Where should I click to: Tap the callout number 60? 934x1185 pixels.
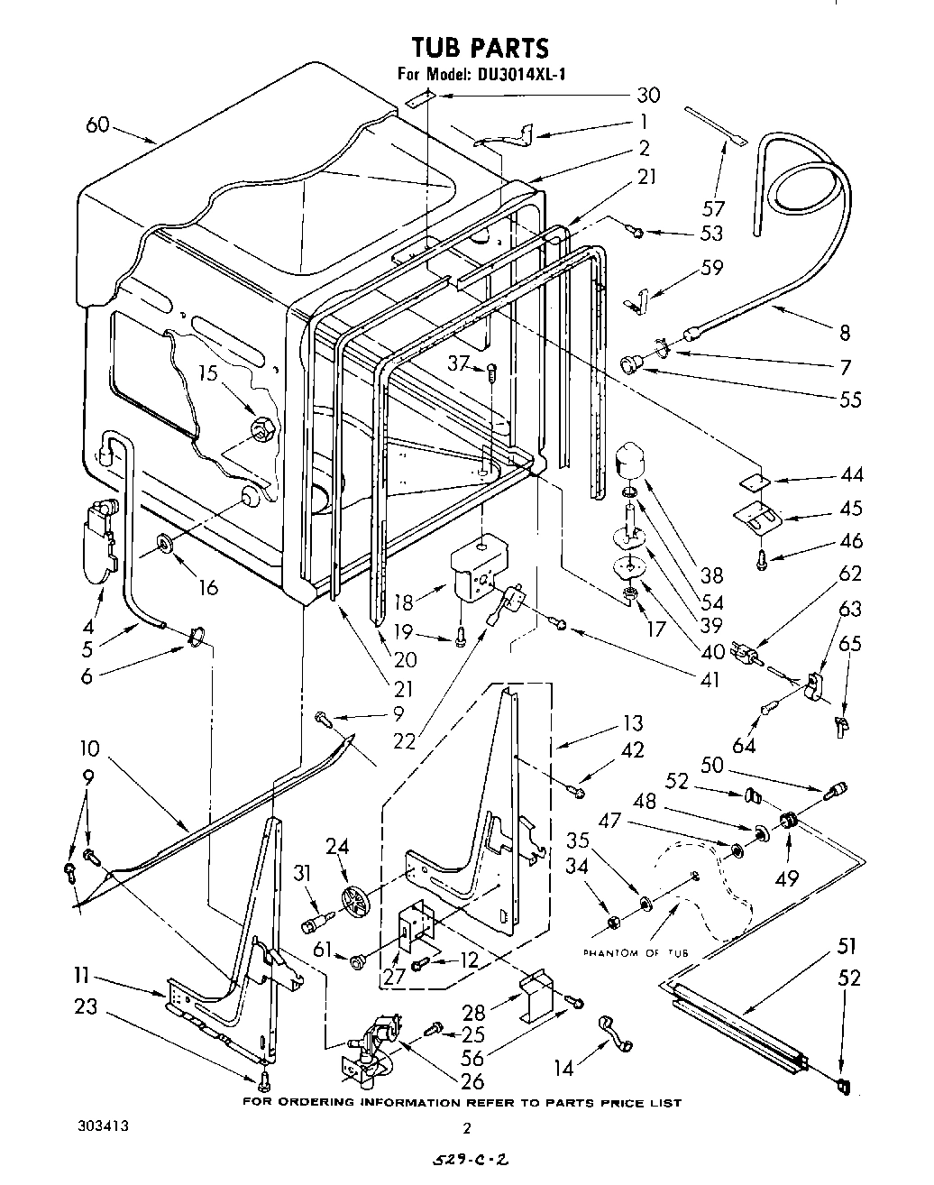click(97, 124)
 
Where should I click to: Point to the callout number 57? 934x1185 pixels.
click(713, 209)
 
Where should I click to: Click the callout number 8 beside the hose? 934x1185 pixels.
click(845, 332)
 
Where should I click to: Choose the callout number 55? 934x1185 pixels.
click(849, 399)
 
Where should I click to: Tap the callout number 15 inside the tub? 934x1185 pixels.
click(209, 372)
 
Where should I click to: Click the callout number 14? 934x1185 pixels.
click(563, 1069)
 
